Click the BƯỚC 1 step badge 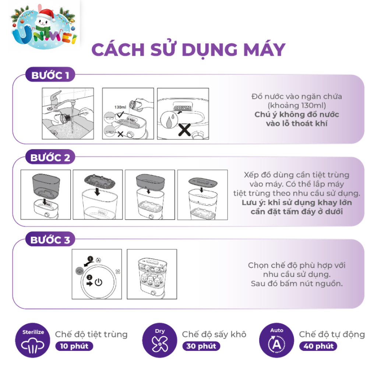[x=50, y=75]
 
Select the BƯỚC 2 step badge [x=50, y=157]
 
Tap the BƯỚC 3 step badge [x=50, y=239]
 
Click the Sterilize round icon [x=33, y=340]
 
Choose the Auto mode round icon [x=276, y=340]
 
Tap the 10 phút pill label [x=74, y=346]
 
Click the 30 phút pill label [x=201, y=346]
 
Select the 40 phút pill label [x=318, y=346]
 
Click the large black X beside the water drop [x=184, y=130]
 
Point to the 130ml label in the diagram [x=120, y=107]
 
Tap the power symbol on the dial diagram [x=99, y=282]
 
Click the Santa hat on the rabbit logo [x=46, y=14]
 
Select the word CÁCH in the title [x=118, y=50]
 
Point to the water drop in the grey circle [x=169, y=120]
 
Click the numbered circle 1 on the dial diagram [x=90, y=259]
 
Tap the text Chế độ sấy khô [x=214, y=334]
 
